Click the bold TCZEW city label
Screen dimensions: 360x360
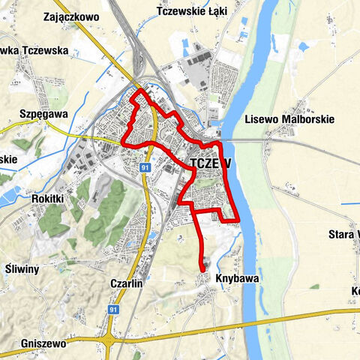point(210,164)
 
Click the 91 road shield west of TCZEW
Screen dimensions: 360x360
point(145,168)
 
